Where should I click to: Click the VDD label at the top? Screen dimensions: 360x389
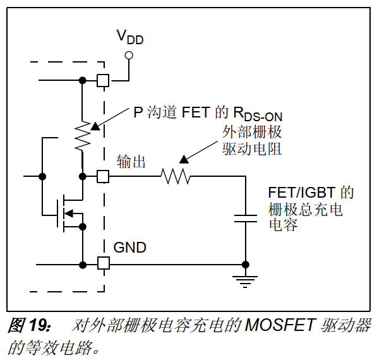(129, 37)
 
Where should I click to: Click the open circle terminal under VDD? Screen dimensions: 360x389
(129, 56)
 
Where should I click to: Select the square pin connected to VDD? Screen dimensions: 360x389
(102, 80)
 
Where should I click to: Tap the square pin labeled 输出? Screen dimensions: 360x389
(102, 176)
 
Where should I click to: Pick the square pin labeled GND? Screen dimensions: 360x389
(102, 263)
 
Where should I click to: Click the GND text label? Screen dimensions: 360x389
(129, 247)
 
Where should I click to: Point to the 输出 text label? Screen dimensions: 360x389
(131, 162)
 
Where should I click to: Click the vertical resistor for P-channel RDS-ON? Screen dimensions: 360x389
(82, 136)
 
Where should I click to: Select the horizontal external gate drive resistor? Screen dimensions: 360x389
(176, 176)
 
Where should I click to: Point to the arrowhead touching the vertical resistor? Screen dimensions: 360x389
(94, 126)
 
